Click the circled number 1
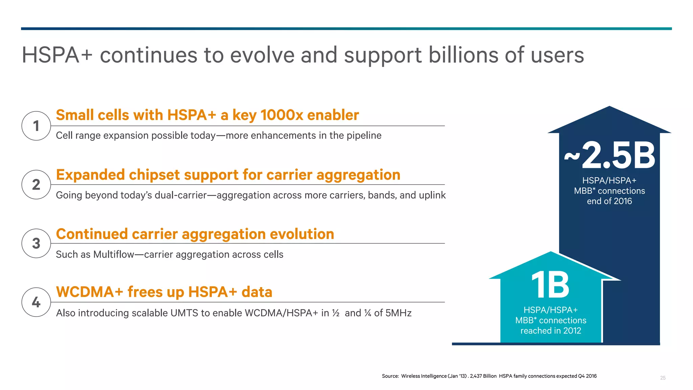coord(36,126)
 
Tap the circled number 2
coord(36,185)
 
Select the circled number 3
coord(36,243)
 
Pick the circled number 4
coord(36,302)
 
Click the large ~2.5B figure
coord(610,156)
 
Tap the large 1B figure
coord(550,285)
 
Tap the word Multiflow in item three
coord(114,254)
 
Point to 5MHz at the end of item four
coord(398,313)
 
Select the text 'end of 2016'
coord(609,201)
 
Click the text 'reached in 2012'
coord(551,330)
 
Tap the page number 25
coord(663,378)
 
